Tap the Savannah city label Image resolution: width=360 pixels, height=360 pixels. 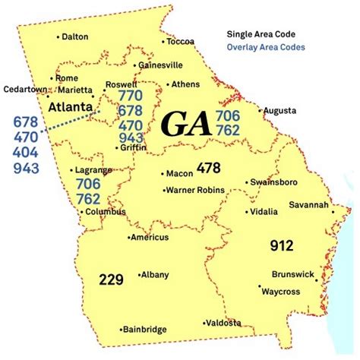coord(309,205)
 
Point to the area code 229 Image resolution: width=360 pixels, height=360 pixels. coord(111,279)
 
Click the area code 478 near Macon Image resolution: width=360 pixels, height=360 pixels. coord(208,167)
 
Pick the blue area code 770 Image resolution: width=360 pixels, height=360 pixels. coord(130,96)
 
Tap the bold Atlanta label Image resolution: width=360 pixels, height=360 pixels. coord(70,108)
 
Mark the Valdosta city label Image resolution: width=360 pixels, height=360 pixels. coord(224,323)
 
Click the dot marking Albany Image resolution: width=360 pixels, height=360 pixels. coord(138,274)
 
